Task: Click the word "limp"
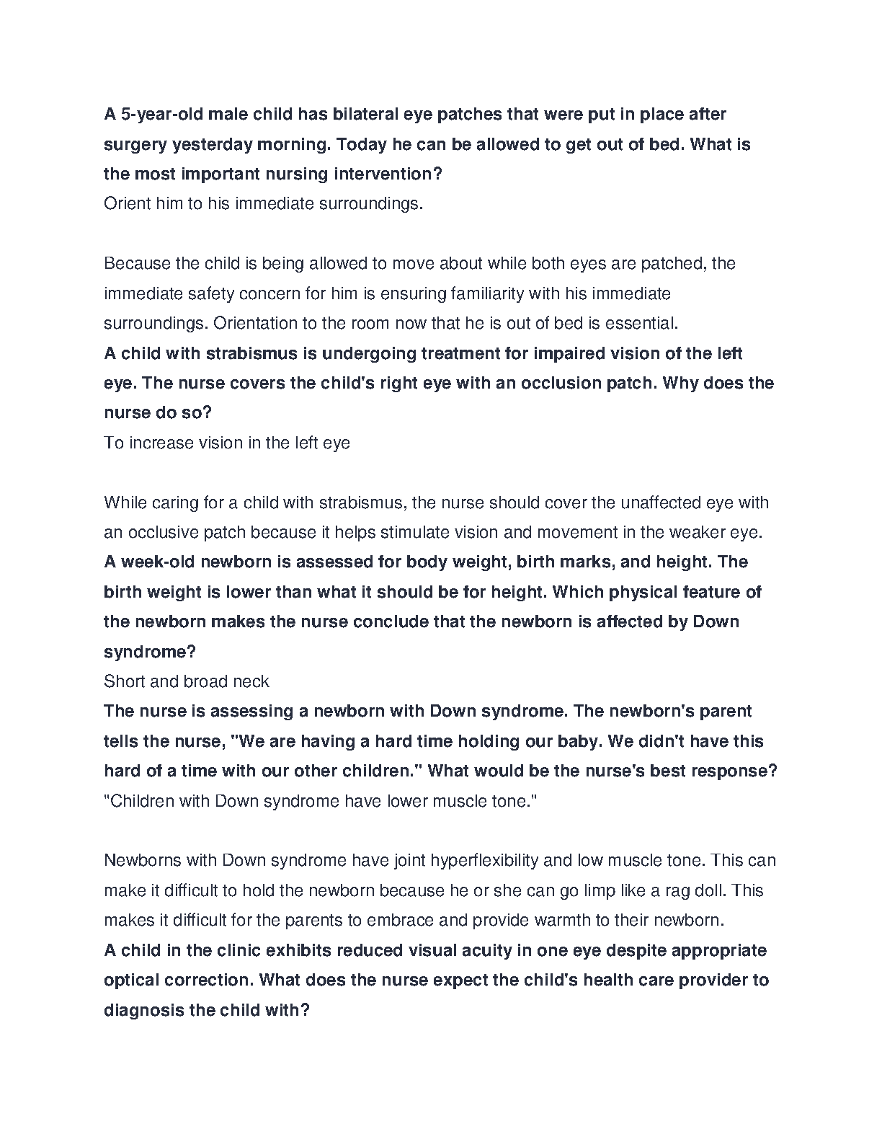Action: click(593, 890)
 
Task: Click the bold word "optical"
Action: click(132, 981)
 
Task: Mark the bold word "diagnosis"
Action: click(144, 1010)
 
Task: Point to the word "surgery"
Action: click(135, 144)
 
